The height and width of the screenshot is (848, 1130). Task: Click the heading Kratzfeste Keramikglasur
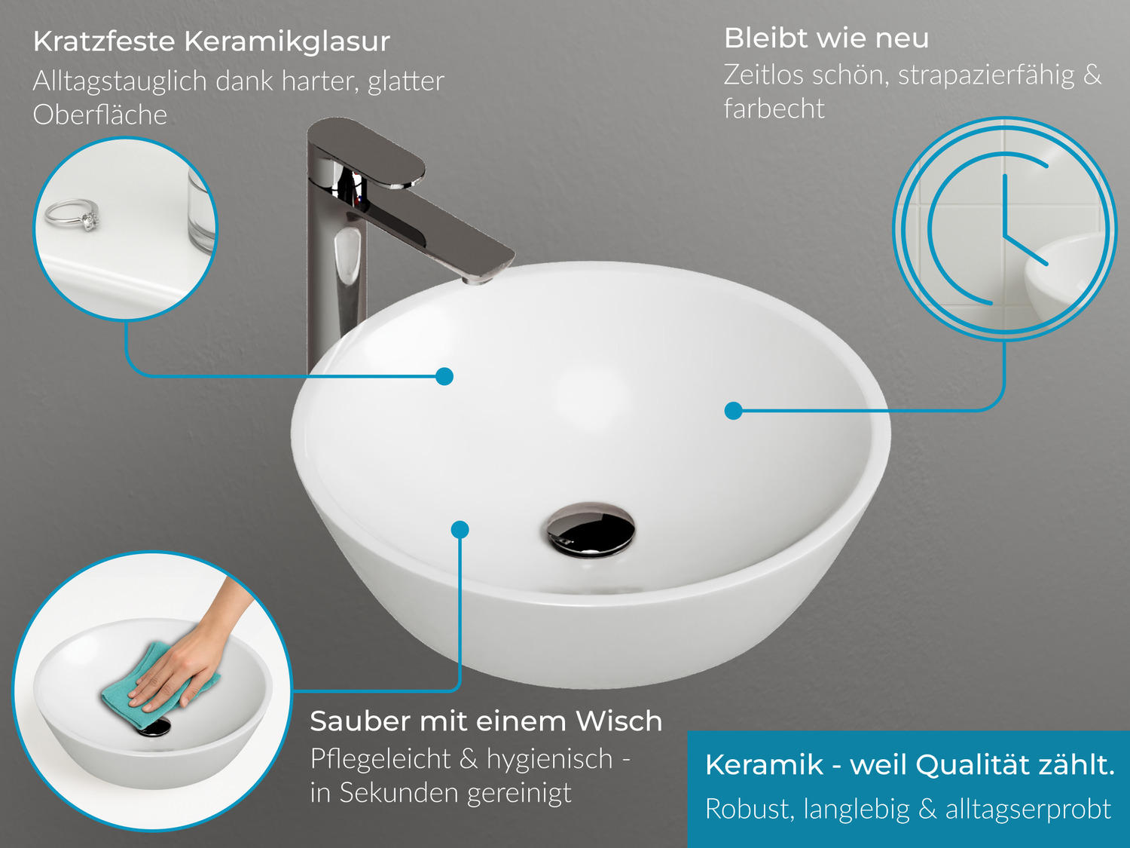click(x=211, y=41)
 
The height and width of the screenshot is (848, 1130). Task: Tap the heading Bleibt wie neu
click(x=826, y=38)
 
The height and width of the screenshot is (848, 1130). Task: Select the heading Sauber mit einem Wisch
click(x=486, y=721)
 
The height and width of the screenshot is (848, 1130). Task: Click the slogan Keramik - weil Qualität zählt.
click(x=910, y=764)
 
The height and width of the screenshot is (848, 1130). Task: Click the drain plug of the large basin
click(x=591, y=530)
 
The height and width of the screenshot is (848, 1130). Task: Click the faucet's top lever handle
click(x=367, y=152)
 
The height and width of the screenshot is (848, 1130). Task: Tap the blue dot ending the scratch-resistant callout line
click(x=444, y=376)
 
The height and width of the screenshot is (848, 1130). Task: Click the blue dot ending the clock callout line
click(x=734, y=411)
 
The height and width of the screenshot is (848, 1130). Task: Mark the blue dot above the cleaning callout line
click(x=460, y=530)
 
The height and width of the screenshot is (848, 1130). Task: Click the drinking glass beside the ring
click(x=202, y=211)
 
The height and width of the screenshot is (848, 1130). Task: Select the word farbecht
click(x=774, y=109)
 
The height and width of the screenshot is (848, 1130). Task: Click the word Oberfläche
click(x=100, y=115)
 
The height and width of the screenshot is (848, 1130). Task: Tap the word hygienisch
click(x=550, y=760)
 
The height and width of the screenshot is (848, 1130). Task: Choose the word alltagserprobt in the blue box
click(x=1028, y=810)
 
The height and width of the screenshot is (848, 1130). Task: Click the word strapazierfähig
click(x=986, y=75)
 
